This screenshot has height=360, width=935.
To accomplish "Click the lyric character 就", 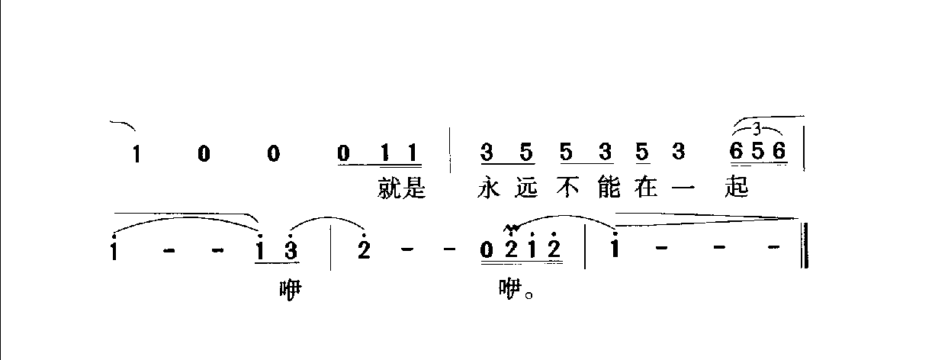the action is [390, 188].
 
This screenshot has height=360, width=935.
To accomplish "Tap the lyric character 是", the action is [414, 188].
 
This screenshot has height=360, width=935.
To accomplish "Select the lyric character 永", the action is [489, 188].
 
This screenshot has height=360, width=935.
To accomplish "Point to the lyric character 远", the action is [526, 188].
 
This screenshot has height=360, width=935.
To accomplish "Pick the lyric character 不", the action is [567, 188].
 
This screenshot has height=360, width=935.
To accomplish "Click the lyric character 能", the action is [609, 188].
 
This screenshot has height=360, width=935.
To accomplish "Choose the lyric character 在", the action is [646, 188].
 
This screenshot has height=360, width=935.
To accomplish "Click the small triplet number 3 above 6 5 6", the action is [757, 130].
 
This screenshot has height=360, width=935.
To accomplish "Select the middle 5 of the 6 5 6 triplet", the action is [757, 152].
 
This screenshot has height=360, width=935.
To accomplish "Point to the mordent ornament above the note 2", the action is [511, 228].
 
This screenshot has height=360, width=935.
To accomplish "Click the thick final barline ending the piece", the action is [805, 245].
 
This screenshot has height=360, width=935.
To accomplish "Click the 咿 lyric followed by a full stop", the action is [511, 289].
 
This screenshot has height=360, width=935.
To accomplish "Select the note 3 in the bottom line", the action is [291, 249].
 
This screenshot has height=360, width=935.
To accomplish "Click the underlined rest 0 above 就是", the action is [343, 153].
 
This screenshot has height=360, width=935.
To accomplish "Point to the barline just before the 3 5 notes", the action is [451, 150].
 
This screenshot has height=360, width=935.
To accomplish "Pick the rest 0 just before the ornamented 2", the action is [486, 249].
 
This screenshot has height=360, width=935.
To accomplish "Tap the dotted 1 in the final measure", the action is [615, 246].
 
